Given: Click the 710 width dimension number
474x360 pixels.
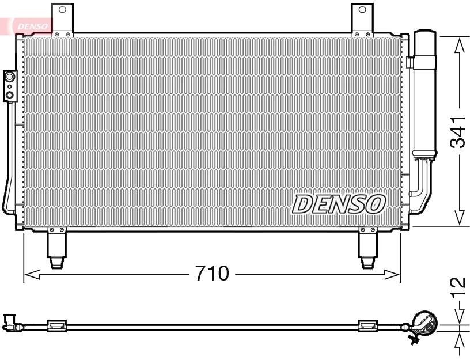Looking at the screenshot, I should (x=212, y=274).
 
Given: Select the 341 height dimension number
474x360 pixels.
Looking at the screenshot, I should (x=458, y=131).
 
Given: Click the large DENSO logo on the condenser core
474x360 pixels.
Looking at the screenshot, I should (x=339, y=203).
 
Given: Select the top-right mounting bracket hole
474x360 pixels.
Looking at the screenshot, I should (x=362, y=10).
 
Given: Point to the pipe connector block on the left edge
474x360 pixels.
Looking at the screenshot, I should (x=10, y=85).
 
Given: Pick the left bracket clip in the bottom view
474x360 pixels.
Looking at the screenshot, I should (x=56, y=326).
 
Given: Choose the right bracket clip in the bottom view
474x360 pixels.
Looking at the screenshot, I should (x=367, y=326).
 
